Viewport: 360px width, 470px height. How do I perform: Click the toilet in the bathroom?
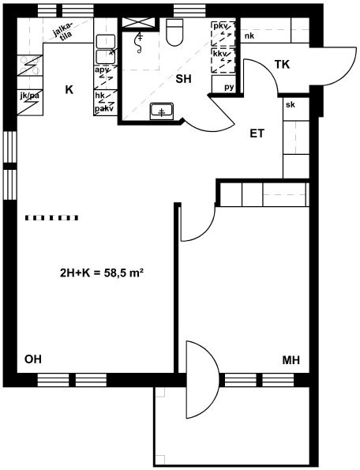[174, 32]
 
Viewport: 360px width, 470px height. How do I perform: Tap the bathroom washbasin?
[162, 111]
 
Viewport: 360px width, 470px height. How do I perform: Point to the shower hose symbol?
[140, 42]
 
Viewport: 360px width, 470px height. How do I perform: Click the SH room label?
[183, 79]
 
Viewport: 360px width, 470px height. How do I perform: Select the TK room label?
[282, 64]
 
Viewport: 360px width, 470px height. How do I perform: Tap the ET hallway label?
[257, 133]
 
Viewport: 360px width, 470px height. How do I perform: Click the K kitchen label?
[69, 89]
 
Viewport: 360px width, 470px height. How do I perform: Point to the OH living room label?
[33, 359]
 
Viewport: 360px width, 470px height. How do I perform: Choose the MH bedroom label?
[291, 360]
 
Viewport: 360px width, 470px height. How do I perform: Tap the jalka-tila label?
[63, 31]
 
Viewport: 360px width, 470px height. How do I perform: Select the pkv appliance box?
[223, 33]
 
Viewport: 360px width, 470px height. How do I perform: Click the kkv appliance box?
[223, 61]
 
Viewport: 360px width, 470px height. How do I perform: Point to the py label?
[229, 87]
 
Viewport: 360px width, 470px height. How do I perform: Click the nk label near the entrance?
[249, 36]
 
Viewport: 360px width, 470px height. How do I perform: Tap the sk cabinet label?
[291, 104]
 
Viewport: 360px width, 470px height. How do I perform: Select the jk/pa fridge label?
[30, 96]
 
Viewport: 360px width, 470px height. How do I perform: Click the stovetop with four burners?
[30, 66]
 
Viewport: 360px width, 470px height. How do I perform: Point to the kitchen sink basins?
[106, 50]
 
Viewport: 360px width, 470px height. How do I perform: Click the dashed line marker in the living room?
[52, 218]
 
